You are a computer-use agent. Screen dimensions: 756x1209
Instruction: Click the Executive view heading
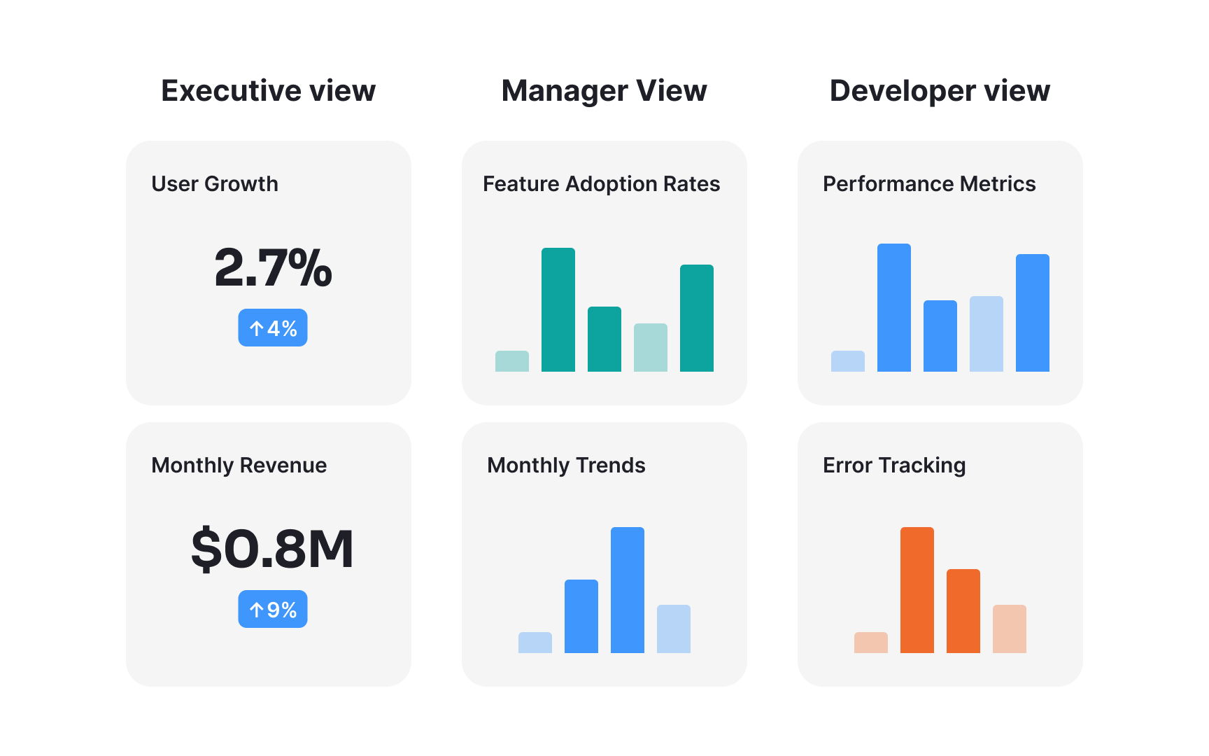[268, 91]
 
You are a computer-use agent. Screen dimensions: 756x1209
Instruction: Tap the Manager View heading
[604, 91]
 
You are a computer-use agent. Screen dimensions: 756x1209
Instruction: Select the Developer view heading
[940, 91]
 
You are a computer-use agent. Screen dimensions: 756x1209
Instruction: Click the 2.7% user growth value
[273, 268]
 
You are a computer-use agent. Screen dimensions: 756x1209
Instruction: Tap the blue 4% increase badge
[273, 328]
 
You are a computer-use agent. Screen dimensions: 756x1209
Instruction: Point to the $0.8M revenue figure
[272, 549]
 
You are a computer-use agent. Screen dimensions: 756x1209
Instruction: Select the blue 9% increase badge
[273, 609]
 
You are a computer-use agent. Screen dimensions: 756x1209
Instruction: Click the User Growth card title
[215, 184]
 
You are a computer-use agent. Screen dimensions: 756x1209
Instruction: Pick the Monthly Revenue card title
[239, 465]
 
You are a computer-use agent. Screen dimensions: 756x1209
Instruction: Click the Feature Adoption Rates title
[601, 184]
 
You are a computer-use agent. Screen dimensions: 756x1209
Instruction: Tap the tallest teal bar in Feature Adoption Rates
[558, 310]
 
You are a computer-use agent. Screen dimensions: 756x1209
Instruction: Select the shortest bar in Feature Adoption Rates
[512, 361]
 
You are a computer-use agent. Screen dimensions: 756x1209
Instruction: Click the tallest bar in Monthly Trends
[628, 590]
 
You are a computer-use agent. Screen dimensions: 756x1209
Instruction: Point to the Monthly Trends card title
[566, 465]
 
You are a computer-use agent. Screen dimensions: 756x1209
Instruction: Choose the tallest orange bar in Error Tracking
[917, 590]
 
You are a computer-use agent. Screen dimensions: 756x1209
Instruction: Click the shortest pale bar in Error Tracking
[871, 643]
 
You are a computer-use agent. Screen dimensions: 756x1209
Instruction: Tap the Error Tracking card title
[894, 465]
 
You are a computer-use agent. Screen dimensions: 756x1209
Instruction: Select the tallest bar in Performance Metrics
[894, 308]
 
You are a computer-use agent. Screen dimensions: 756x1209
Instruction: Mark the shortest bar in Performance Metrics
[848, 361]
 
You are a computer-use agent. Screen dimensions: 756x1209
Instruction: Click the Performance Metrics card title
[929, 184]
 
